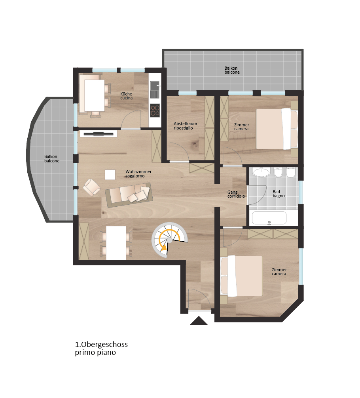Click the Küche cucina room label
pos(126,96)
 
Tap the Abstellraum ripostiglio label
pos(185,126)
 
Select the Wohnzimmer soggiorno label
pos(138,173)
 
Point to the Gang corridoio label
pos(236,194)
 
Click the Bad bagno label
pos(279,194)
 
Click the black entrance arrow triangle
pos(199,321)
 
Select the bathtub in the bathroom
pos(269,218)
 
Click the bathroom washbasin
pos(261,172)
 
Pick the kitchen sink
pos(155,90)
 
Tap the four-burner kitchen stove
pos(155,110)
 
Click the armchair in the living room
pos(91,187)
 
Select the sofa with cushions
pos(129,195)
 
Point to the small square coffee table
pos(110,175)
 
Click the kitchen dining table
pos(94,95)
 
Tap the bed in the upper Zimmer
pos(277,129)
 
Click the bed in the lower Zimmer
pos(242,276)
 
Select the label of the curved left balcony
pos(52,159)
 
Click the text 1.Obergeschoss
pos(101,345)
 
